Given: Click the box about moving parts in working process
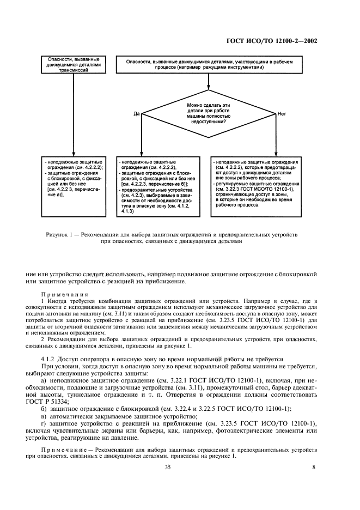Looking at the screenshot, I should tap(209, 66).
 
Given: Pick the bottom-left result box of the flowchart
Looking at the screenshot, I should tap(72, 180).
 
